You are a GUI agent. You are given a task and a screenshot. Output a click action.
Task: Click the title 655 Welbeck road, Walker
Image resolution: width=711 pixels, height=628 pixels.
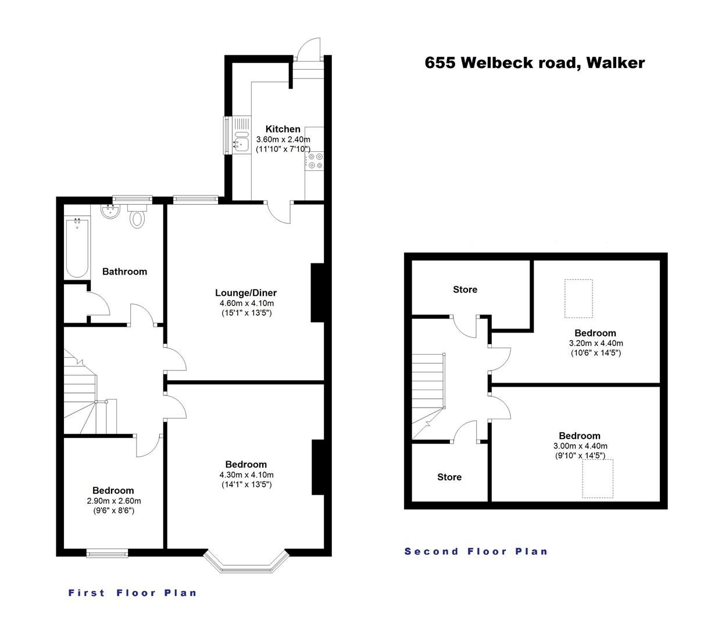tap(534, 63)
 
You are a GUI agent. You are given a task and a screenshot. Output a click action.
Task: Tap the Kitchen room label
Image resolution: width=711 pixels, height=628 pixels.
tap(283, 129)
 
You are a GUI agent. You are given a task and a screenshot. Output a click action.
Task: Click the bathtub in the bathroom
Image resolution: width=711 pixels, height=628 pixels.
tap(77, 248)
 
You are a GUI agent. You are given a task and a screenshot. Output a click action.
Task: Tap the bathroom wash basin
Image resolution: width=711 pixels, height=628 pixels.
tap(109, 211)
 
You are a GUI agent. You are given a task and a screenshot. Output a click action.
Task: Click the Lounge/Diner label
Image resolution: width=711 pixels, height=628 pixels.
tap(245, 292)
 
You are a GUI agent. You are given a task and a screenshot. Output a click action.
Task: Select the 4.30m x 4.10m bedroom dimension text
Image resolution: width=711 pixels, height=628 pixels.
tap(246, 474)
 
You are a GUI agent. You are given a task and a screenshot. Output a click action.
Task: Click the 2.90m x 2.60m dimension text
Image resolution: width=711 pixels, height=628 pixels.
tap(113, 501)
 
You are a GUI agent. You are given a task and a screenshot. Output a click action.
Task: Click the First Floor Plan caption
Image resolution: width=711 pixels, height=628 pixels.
tap(133, 593)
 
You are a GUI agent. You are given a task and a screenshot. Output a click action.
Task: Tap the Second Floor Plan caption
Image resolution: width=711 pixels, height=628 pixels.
tap(476, 551)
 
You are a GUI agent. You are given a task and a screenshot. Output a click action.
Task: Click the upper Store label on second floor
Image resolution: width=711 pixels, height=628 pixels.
tap(465, 289)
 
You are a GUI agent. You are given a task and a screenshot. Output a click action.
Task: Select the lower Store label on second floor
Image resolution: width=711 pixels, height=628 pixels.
tap(449, 477)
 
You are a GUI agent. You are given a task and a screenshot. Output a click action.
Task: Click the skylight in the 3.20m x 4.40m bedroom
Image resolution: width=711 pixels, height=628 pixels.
tap(578, 298)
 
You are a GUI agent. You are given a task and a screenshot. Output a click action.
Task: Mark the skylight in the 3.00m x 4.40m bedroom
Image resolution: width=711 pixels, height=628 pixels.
tap(598, 479)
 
